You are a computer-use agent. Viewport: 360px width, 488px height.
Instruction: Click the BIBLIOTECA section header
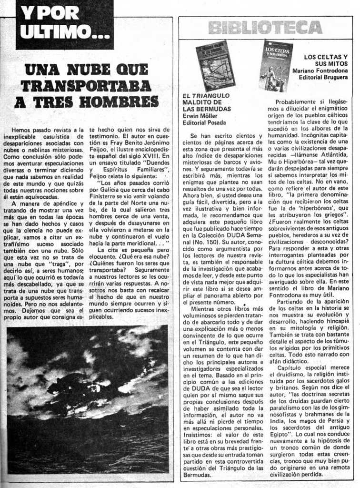[x=265, y=28]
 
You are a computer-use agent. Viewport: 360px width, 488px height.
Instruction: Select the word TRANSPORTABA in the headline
[x=86, y=86]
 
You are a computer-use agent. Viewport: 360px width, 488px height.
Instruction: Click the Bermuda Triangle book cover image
[x=215, y=66]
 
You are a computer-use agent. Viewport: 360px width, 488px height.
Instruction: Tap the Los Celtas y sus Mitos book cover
[x=276, y=65]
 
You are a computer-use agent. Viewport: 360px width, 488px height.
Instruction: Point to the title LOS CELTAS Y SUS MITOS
[x=326, y=60]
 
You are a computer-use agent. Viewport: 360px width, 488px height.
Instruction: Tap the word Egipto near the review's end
[x=282, y=435]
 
